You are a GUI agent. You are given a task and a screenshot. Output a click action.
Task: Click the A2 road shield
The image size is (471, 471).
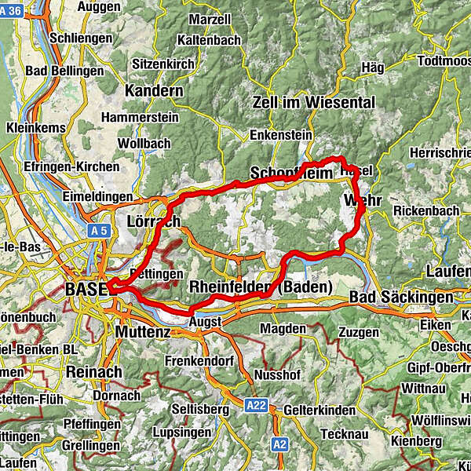[x=280, y=444]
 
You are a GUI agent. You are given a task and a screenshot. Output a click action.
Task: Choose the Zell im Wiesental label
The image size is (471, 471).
[x=314, y=102]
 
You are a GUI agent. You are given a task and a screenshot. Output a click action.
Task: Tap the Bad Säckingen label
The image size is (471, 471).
[x=400, y=298]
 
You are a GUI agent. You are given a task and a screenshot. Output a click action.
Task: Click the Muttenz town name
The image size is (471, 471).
[x=142, y=331]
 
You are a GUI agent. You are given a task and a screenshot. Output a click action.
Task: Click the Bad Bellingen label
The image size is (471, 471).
[x=64, y=71]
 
